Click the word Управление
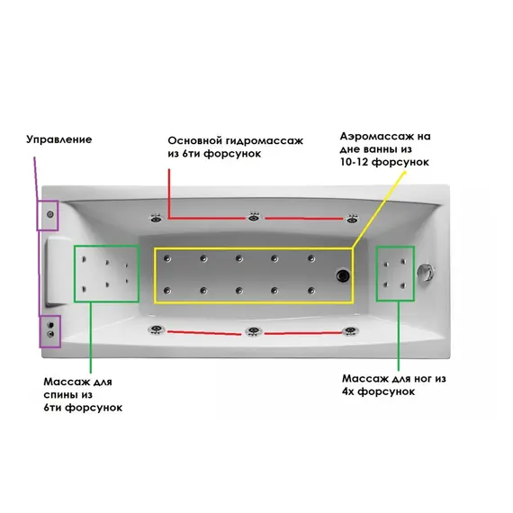point(58,139)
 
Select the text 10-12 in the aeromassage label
point(355,162)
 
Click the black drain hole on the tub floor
point(343,275)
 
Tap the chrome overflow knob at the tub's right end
point(426,272)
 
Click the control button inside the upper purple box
point(50,214)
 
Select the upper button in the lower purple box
point(50,325)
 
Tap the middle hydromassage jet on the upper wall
point(253,217)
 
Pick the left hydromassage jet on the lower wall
point(157,329)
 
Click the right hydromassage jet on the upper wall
point(352,218)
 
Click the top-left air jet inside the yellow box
point(167,258)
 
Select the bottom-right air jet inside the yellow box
point(311,290)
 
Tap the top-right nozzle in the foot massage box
point(403,261)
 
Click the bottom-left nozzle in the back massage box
point(84,289)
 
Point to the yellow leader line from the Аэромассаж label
point(379,210)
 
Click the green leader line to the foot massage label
point(399,336)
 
